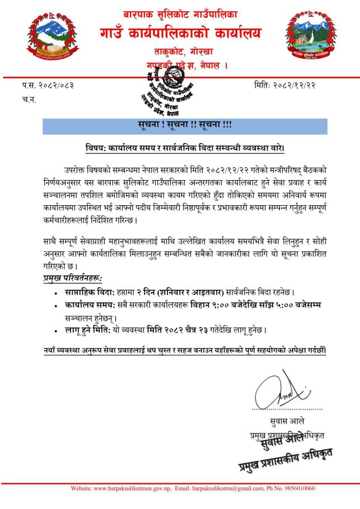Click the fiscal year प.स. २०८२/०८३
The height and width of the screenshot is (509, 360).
click(x=48, y=85)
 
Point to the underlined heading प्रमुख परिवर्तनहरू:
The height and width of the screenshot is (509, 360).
click(x=76, y=278)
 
